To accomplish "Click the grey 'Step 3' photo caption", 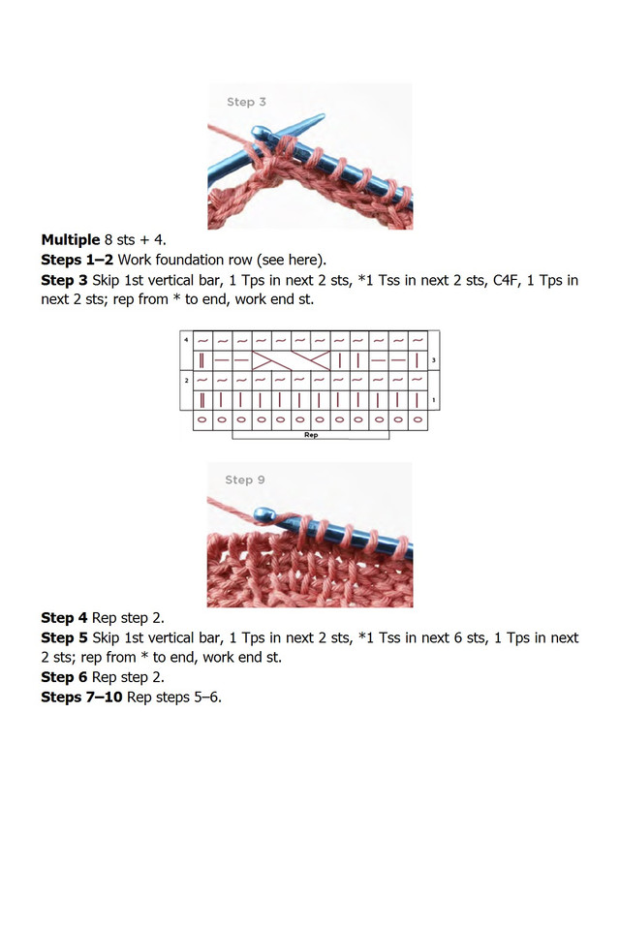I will pyautogui.click(x=246, y=102).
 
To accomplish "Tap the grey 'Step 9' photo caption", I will pyautogui.click(x=245, y=480).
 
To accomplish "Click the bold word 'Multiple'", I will pyautogui.click(x=70, y=239).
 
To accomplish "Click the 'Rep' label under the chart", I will pyautogui.click(x=311, y=435).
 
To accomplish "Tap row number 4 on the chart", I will pyautogui.click(x=185, y=339).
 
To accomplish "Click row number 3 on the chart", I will pyautogui.click(x=433, y=359).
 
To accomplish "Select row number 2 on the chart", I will pyautogui.click(x=185, y=380).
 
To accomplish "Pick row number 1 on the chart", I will pyautogui.click(x=433, y=400).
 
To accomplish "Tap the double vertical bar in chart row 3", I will pyautogui.click(x=202, y=360).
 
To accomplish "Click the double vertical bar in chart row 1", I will pyautogui.click(x=202, y=400).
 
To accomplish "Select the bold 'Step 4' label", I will pyautogui.click(x=64, y=617).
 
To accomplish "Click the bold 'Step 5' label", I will pyautogui.click(x=64, y=637).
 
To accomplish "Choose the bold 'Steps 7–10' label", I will pyautogui.click(x=81, y=697).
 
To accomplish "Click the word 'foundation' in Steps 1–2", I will pyautogui.click(x=197, y=260).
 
